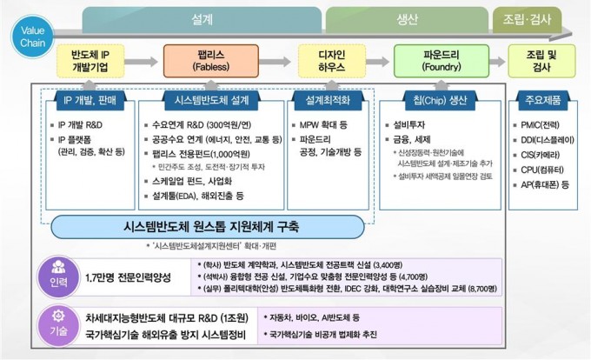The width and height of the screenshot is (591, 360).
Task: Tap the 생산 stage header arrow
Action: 407,18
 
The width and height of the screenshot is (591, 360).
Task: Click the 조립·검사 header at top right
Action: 527,18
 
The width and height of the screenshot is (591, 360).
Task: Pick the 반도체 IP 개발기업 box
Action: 95,61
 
